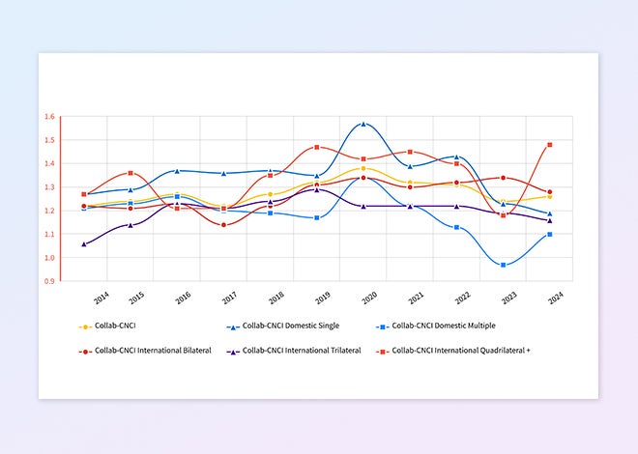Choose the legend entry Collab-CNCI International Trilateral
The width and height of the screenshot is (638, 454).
point(297,350)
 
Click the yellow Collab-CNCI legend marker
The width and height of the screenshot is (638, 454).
point(85,326)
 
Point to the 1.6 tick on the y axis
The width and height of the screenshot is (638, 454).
point(49,117)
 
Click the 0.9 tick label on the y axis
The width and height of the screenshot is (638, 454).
point(49,281)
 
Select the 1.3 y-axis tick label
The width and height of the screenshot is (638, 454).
point(49,187)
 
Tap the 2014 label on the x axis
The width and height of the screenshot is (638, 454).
point(101,299)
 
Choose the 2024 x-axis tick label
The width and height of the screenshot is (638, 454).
point(555,299)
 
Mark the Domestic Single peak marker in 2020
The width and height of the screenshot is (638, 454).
point(363,124)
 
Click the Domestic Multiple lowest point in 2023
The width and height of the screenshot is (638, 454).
point(503,265)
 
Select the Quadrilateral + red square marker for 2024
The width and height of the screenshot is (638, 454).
point(550,145)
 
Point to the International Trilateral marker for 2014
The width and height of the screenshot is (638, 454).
point(84,244)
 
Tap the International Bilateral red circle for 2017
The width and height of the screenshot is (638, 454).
point(223,225)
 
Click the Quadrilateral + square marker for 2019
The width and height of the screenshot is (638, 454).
point(317,147)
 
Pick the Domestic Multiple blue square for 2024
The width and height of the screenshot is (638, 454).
point(550,234)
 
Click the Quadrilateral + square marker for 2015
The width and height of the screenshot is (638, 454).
point(130,173)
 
